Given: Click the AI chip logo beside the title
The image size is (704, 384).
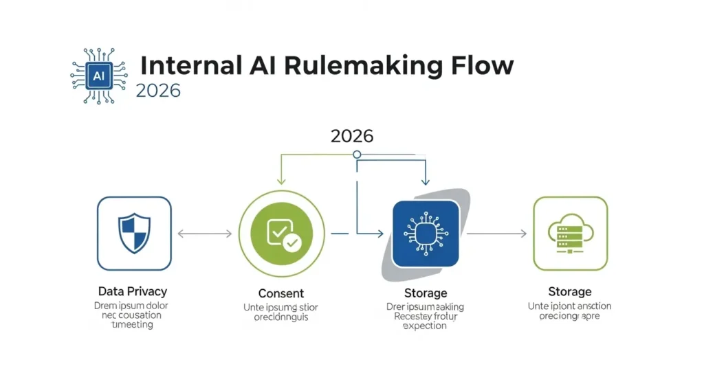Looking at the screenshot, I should [x=98, y=76].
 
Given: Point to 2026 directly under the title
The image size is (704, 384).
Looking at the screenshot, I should [x=158, y=91].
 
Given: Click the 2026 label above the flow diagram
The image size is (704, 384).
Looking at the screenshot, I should [x=352, y=135].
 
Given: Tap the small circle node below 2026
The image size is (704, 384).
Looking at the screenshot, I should [x=357, y=155].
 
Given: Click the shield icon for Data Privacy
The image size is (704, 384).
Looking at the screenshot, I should [x=134, y=233].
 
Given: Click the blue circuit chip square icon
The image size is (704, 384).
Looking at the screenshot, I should [x=425, y=234].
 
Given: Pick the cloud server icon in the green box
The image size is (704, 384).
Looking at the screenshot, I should [x=570, y=234].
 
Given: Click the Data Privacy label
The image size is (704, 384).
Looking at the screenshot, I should [x=133, y=292].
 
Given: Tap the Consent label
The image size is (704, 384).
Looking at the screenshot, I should [x=280, y=293].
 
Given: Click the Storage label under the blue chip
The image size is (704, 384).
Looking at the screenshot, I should [x=426, y=293].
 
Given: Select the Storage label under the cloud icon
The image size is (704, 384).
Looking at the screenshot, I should [x=570, y=292].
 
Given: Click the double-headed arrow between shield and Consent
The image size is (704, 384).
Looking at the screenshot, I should [x=205, y=234].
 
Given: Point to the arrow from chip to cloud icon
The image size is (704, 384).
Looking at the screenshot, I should [x=496, y=234].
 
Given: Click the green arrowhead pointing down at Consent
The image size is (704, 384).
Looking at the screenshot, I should [x=281, y=181].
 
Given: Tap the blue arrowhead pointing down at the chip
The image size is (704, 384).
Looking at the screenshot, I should [x=425, y=181].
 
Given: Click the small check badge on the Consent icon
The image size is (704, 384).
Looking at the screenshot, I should [x=291, y=242].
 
